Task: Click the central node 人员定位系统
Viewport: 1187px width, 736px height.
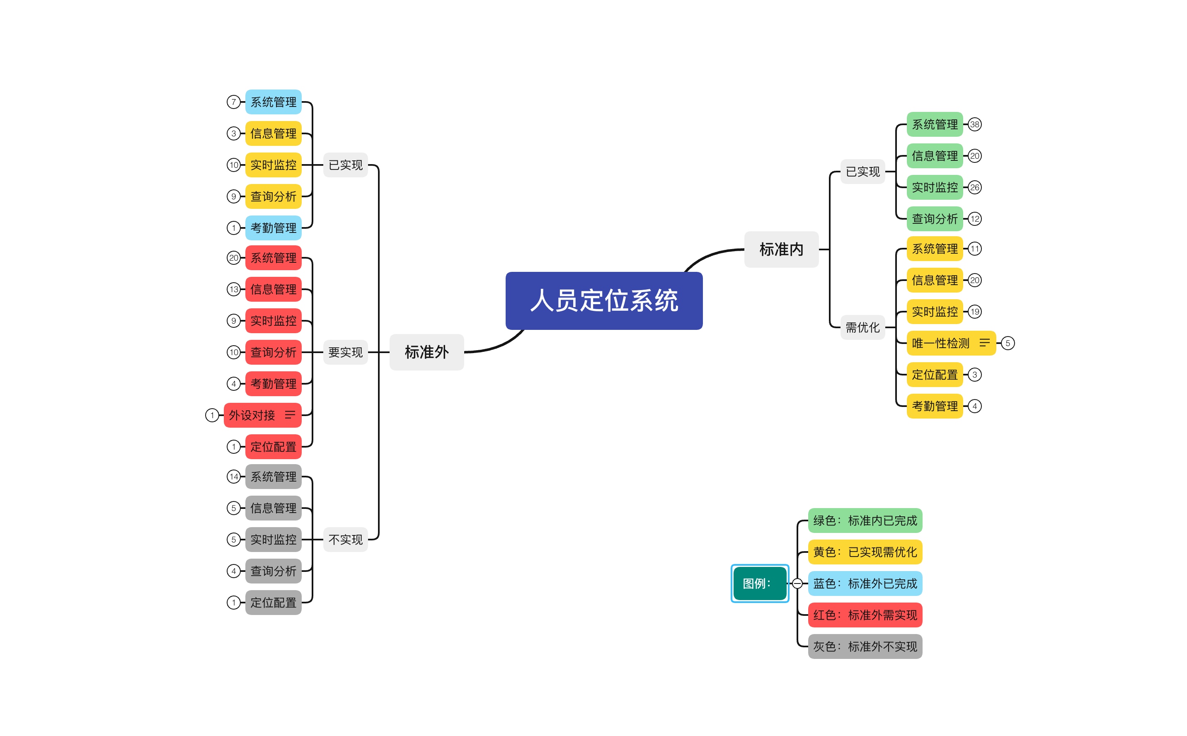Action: click(603, 300)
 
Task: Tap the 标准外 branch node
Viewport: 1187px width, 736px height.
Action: click(426, 352)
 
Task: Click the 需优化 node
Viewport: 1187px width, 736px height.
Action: click(862, 327)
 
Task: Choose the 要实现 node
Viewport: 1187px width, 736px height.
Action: click(345, 352)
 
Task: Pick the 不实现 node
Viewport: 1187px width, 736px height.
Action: click(345, 539)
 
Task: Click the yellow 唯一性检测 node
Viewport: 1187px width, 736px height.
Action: click(940, 343)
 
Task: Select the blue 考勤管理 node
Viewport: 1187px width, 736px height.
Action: click(273, 228)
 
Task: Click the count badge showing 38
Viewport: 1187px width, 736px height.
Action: click(974, 125)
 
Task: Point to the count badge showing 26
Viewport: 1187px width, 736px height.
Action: click(974, 187)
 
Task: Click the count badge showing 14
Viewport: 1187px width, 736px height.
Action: click(234, 477)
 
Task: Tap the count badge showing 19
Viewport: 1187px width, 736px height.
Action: click(974, 312)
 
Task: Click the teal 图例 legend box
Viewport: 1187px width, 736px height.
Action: click(759, 583)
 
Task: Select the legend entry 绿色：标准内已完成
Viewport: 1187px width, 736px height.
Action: click(865, 521)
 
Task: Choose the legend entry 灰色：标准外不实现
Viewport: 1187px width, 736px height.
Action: click(865, 646)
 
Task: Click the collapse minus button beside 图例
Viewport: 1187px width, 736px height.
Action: click(797, 583)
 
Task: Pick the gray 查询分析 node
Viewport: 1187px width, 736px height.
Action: click(273, 571)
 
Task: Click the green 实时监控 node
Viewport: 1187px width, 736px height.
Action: click(935, 187)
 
